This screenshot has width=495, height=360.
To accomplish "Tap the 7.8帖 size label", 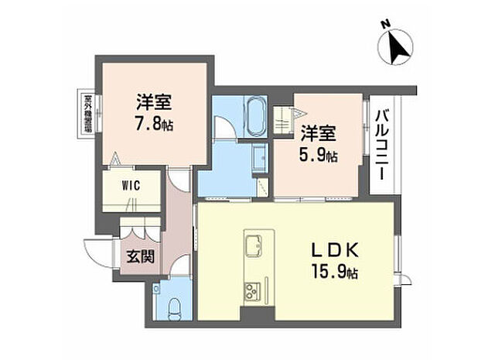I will click(154, 123).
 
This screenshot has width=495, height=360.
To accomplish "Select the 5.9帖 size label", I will click(319, 156).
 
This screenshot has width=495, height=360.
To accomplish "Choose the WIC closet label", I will click(129, 186).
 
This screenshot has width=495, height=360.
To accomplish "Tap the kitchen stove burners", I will click(253, 292).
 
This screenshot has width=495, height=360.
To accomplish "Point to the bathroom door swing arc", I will click(224, 128).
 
